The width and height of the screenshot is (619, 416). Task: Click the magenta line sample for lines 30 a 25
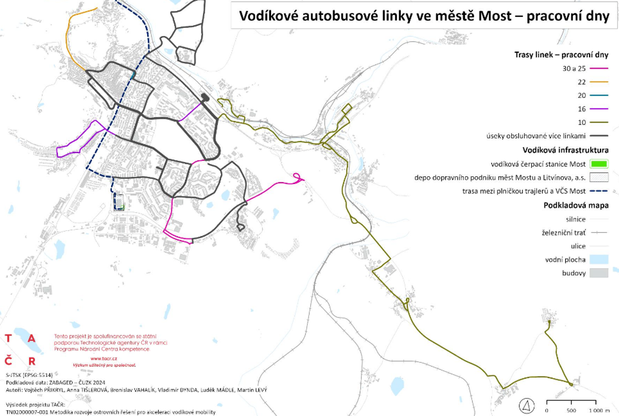599,68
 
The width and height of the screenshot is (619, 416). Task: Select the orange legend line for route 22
599,82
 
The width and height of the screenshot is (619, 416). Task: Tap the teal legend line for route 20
599,96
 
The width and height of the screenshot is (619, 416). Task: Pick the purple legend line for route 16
599,109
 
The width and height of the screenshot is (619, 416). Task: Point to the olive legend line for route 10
599,122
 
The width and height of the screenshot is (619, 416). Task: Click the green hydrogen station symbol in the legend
599,164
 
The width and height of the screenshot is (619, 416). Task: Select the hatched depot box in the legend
599,177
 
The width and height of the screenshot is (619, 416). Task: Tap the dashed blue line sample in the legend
599,191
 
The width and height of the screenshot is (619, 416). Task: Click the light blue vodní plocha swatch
599,260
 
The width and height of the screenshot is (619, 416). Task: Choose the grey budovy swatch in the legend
599,273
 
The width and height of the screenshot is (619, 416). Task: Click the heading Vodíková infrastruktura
565,150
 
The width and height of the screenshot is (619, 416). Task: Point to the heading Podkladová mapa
576,205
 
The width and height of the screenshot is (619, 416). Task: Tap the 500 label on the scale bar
571,411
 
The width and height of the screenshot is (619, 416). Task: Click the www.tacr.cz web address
104,358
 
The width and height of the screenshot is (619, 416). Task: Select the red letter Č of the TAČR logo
9,361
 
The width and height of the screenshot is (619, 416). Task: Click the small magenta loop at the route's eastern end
297,176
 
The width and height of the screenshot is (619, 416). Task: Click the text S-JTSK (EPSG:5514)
29,375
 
